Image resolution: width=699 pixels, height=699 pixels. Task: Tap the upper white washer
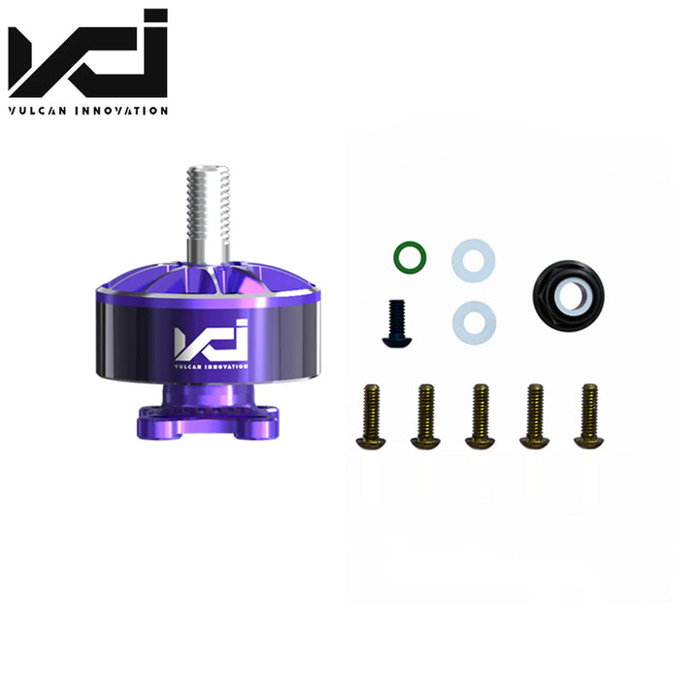coord(473,260)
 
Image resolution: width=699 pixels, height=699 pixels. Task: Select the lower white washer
coord(473,320)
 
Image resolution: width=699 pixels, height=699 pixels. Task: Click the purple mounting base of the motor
coord(206,413)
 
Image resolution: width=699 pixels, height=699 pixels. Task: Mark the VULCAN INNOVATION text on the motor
coord(211,366)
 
